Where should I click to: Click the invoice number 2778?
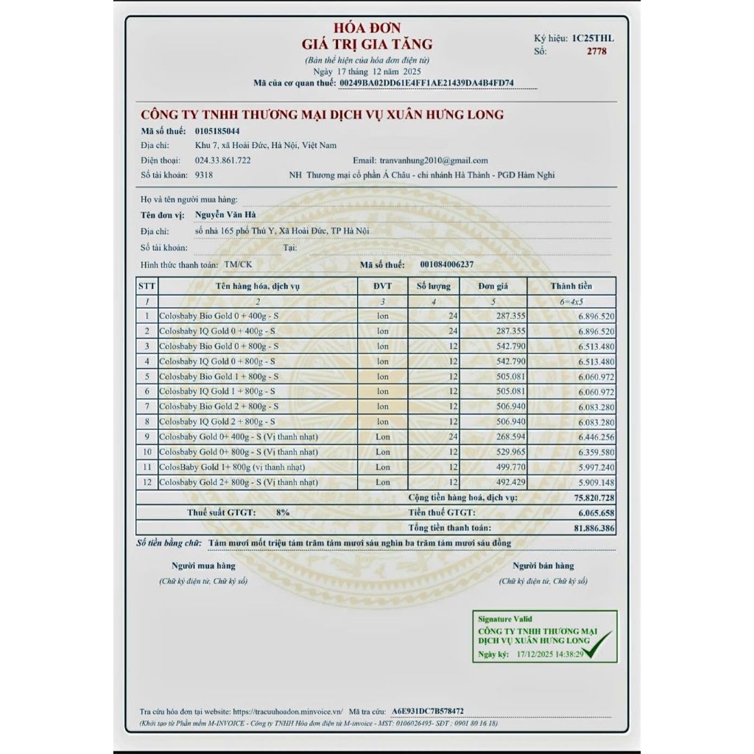(x=596, y=52)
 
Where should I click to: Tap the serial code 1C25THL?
(x=593, y=38)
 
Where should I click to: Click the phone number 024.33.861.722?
(x=222, y=161)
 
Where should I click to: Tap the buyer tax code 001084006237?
(x=447, y=264)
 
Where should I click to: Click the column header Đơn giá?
(x=493, y=286)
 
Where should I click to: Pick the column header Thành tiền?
(x=571, y=286)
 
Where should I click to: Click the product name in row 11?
(x=232, y=467)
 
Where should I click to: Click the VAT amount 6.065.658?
(x=593, y=512)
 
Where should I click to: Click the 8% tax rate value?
(x=283, y=512)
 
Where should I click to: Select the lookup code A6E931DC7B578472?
(x=428, y=711)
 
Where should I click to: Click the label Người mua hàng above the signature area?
(x=204, y=565)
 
